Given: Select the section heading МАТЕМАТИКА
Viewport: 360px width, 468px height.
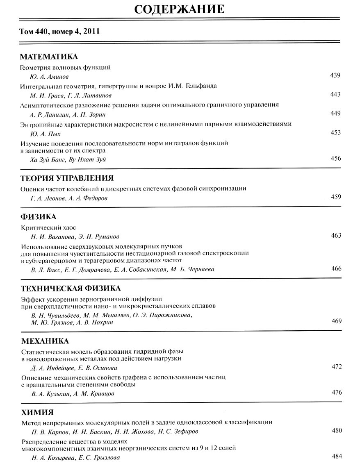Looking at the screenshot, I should click(x=49, y=57).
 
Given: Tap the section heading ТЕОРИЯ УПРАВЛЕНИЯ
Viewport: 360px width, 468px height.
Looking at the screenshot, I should click(x=67, y=178).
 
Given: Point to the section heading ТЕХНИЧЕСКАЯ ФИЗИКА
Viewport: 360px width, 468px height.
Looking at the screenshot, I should click(x=71, y=288).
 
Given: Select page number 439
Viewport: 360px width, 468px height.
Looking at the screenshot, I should click(x=335, y=75).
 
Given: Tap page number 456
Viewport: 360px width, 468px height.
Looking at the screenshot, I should click(x=335, y=159).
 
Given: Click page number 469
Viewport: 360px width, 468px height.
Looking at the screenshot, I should click(x=336, y=321).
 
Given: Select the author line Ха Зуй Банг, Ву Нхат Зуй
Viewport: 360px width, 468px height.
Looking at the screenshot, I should click(x=68, y=159).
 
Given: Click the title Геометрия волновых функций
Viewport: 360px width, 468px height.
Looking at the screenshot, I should click(x=66, y=67).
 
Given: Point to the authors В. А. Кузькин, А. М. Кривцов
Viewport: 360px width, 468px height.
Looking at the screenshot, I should click(x=73, y=394).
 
